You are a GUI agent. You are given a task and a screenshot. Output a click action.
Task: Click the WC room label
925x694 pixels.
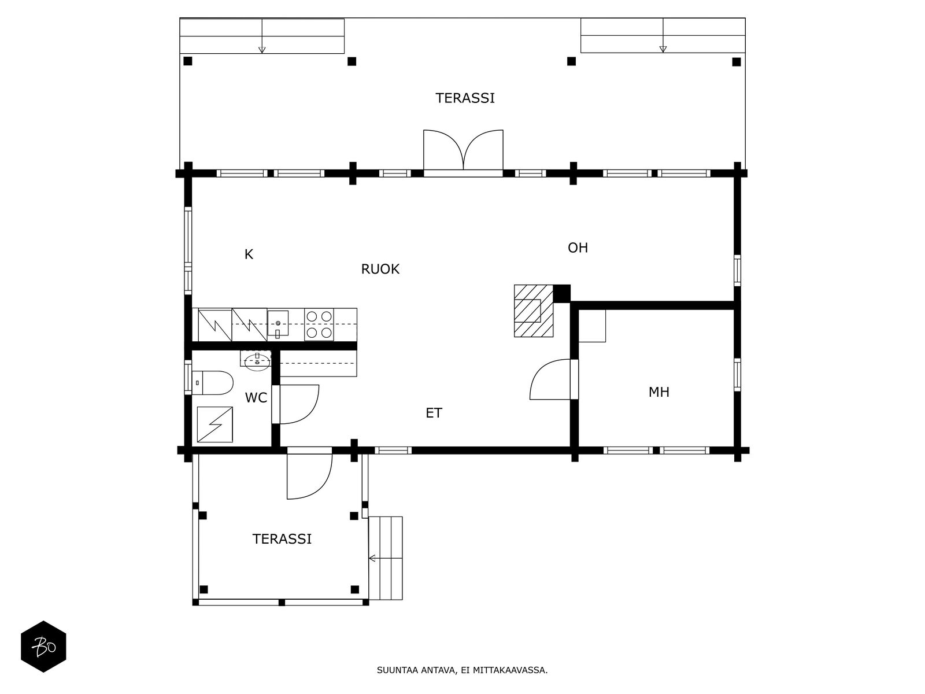[x=256, y=398]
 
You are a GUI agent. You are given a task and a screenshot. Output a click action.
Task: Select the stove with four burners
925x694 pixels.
[x=319, y=324]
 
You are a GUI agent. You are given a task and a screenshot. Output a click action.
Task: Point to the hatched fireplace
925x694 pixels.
[x=533, y=311]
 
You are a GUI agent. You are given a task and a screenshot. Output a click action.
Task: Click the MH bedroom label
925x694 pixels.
[x=658, y=392]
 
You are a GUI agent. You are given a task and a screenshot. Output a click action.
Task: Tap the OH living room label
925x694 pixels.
[x=578, y=248]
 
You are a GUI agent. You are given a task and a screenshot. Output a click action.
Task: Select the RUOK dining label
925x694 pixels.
[x=380, y=269]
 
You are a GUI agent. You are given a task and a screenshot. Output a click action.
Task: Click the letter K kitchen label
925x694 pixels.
[x=249, y=254]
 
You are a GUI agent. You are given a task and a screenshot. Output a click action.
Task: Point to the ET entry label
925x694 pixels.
[x=434, y=413]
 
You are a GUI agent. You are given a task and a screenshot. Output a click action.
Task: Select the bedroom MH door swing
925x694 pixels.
[x=550, y=380]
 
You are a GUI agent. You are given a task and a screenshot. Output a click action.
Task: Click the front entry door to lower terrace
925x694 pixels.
[x=309, y=474]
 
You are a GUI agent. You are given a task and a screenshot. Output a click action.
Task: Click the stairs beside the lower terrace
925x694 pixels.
[x=386, y=558]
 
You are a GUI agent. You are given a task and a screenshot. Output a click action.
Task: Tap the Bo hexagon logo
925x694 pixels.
[x=43, y=647]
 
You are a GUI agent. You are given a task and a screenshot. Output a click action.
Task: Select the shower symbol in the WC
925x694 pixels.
[x=214, y=424]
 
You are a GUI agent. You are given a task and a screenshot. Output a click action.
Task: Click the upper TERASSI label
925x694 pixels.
[x=465, y=98]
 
